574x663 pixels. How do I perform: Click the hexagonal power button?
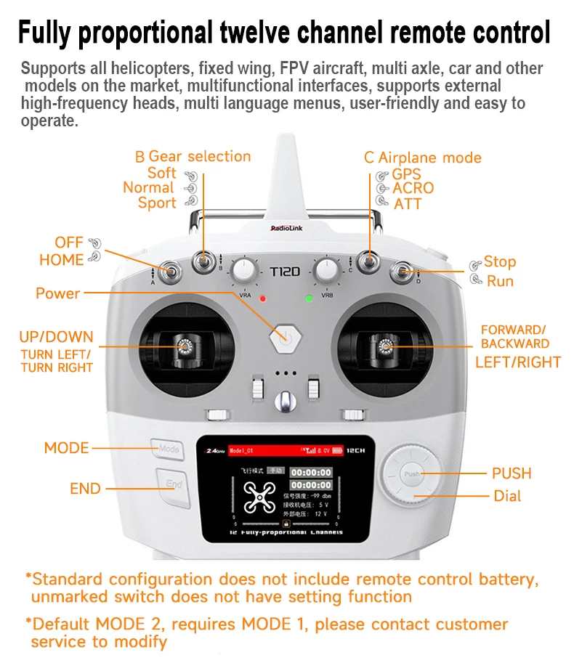point(286,337)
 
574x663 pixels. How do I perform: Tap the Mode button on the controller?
point(168,449)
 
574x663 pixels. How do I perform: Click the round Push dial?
point(413,473)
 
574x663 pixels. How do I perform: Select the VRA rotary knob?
point(246,272)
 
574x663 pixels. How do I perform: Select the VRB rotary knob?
point(327,272)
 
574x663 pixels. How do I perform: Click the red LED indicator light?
point(263,298)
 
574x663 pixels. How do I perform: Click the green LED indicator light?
point(309,298)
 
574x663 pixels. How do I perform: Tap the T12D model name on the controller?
point(285,272)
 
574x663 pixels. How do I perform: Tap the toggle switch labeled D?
point(401,272)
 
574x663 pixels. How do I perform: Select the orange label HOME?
point(61,259)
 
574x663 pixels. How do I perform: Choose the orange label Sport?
point(157,203)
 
